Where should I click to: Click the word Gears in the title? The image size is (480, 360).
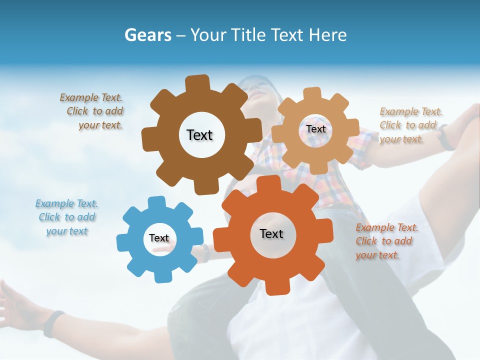[x=147, y=35]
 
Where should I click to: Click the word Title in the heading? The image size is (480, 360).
[x=250, y=35]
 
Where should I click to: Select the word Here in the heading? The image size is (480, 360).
[x=328, y=35]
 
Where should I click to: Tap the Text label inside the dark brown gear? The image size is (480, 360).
[x=199, y=135]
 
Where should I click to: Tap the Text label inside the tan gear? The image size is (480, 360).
[x=315, y=129]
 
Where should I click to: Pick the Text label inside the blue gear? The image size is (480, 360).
[x=159, y=238]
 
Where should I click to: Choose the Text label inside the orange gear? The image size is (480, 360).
[x=271, y=233]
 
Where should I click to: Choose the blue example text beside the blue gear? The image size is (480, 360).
[x=67, y=217]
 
